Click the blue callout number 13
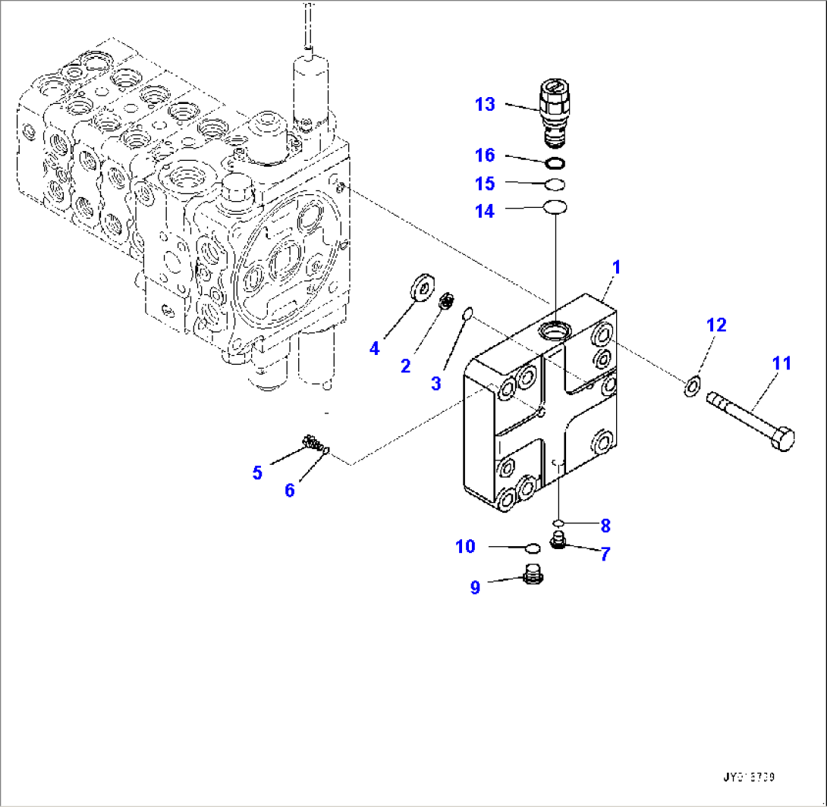485,105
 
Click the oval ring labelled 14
556,206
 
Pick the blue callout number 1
617,267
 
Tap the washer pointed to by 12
692,387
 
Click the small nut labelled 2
448,303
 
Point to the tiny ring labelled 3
468,313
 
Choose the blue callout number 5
257,473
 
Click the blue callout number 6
289,490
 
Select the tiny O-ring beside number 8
558,523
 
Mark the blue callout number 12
716,325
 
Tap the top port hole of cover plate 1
554,329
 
